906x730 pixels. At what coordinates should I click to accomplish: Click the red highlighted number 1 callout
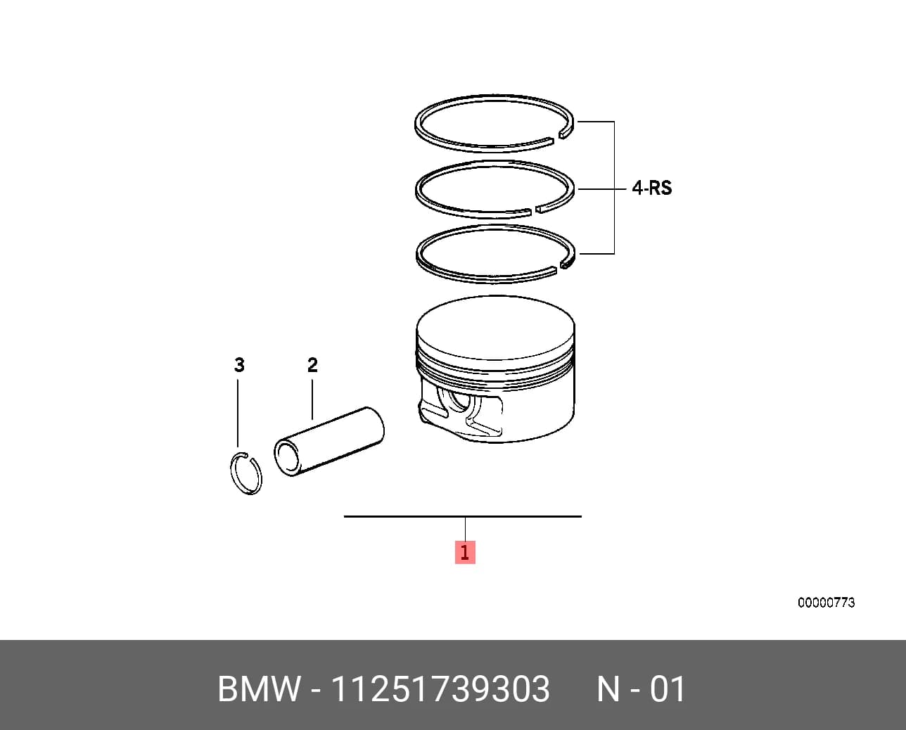(465, 552)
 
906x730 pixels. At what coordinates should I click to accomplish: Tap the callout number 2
(312, 365)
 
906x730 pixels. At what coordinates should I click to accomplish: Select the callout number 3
(239, 365)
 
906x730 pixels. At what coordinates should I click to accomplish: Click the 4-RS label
(651, 188)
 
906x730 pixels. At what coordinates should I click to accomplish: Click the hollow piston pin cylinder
(329, 441)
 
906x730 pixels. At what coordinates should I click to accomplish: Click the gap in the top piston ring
(556, 138)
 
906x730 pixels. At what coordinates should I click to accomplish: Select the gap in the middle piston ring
(533, 210)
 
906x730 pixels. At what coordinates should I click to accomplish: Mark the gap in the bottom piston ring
(559, 268)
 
